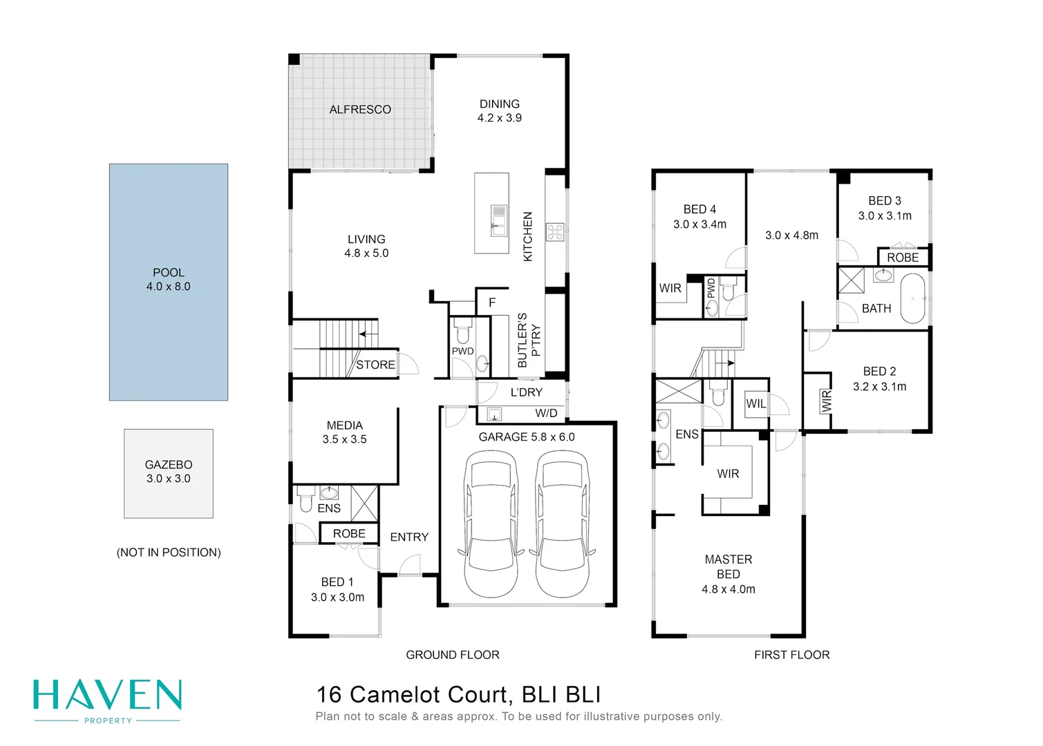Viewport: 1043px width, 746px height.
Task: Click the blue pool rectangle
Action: tap(169, 282)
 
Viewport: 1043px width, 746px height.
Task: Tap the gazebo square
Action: tap(169, 473)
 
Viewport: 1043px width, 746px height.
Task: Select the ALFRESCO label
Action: tap(360, 109)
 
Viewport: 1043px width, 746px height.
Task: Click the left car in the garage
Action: tap(491, 524)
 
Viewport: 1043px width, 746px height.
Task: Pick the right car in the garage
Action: tap(563, 524)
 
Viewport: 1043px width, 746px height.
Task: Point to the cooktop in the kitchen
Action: tap(555, 232)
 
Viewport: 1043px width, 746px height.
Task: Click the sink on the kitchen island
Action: tap(498, 220)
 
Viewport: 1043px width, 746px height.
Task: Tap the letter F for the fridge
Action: tap(492, 303)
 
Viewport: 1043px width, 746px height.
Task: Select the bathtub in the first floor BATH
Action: tap(912, 298)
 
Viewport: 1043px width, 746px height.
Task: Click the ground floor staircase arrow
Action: tap(368, 334)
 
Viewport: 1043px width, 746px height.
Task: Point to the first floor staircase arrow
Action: tap(725, 363)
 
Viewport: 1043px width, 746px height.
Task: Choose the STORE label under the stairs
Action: tap(375, 365)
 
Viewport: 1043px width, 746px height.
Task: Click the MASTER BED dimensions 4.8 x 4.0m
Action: tap(729, 589)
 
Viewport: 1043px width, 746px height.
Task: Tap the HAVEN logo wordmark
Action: tap(107, 695)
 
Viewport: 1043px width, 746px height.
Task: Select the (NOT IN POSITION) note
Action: tap(169, 553)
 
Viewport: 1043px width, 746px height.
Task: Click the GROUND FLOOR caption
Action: tap(453, 655)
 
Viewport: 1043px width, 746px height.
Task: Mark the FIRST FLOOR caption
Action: tap(792, 655)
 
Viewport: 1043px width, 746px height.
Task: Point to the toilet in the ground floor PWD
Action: tap(463, 330)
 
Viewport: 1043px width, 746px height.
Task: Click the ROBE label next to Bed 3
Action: tap(903, 258)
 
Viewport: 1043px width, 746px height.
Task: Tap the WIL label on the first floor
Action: tap(755, 403)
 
